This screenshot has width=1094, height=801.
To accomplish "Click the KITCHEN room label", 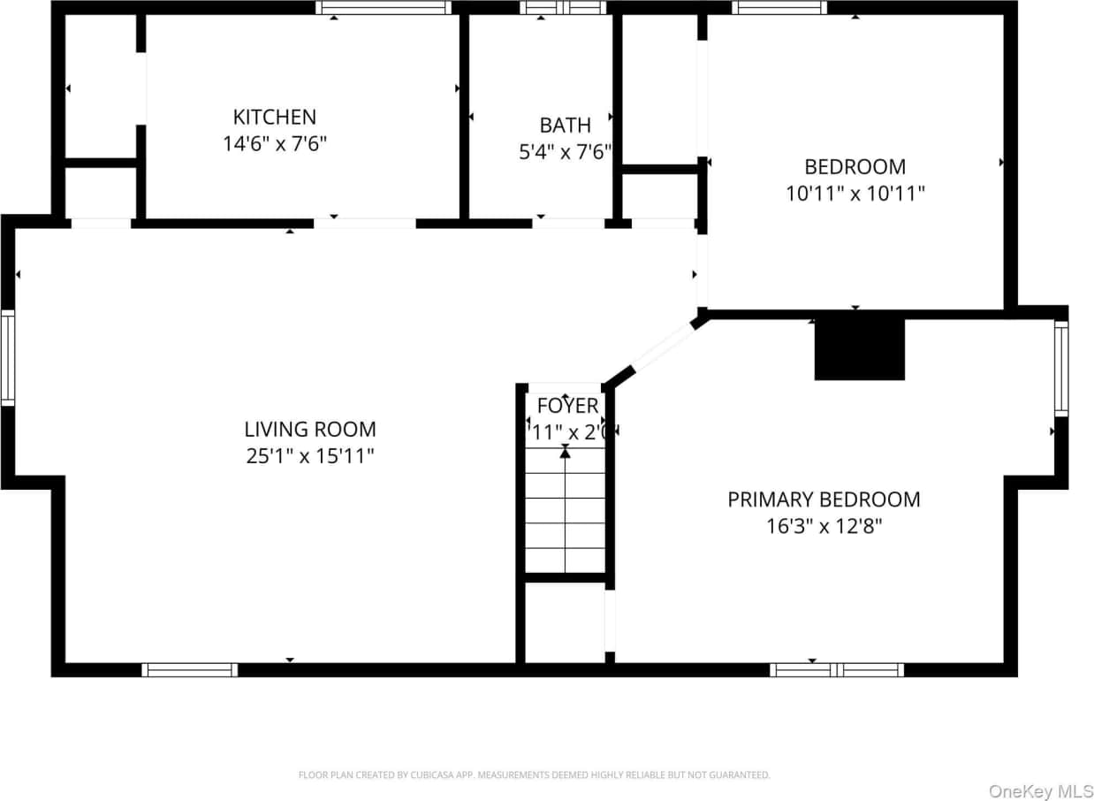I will [x=274, y=117].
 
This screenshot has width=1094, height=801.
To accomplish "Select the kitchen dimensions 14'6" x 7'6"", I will [x=274, y=144].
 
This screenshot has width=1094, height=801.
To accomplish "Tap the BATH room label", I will [x=565, y=125].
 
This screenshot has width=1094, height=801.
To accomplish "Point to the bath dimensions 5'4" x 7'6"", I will [x=565, y=152].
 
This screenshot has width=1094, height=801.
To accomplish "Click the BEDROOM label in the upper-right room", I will [x=855, y=166].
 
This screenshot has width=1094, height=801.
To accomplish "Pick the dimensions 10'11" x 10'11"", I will [x=855, y=194].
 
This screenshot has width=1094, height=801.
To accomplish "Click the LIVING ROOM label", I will [x=309, y=430].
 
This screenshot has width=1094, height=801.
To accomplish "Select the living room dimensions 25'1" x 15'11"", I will [x=309, y=457].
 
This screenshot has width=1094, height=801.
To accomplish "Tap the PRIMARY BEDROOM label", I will [x=824, y=500].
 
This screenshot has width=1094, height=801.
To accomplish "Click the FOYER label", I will [x=567, y=406].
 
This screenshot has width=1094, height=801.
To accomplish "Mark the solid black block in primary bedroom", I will [x=859, y=349].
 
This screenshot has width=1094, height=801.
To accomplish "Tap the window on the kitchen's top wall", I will [x=384, y=8].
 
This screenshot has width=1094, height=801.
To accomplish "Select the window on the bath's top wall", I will [x=562, y=8].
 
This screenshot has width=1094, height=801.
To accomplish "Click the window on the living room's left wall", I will [x=8, y=356].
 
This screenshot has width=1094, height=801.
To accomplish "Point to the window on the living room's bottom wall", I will [x=190, y=670].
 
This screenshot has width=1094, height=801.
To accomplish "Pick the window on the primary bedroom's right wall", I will [x=1060, y=368].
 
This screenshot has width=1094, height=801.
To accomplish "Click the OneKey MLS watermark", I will [x=1040, y=790].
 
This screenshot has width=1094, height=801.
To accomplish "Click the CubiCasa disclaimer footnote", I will [x=534, y=775].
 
